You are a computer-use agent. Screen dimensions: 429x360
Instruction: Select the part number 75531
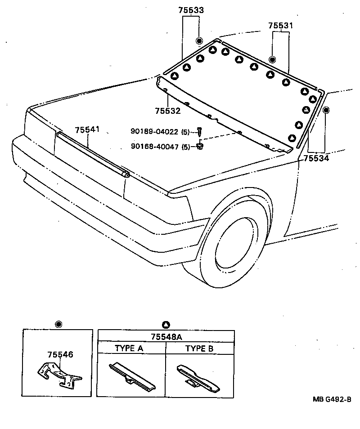tap(280, 26)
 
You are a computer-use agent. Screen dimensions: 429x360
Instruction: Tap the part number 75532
tap(167, 111)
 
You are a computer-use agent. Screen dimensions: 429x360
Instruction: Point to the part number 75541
tap(88, 130)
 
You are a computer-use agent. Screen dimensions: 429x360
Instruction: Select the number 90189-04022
tap(155, 131)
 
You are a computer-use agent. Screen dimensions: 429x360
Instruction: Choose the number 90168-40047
tap(155, 146)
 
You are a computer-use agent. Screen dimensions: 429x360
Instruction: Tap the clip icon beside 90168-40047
tap(200, 146)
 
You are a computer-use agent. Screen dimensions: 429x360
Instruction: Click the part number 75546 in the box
tap(60, 354)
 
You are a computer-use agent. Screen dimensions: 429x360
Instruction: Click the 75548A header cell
tap(166, 336)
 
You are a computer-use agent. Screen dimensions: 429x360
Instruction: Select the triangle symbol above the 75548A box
tap(166, 324)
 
